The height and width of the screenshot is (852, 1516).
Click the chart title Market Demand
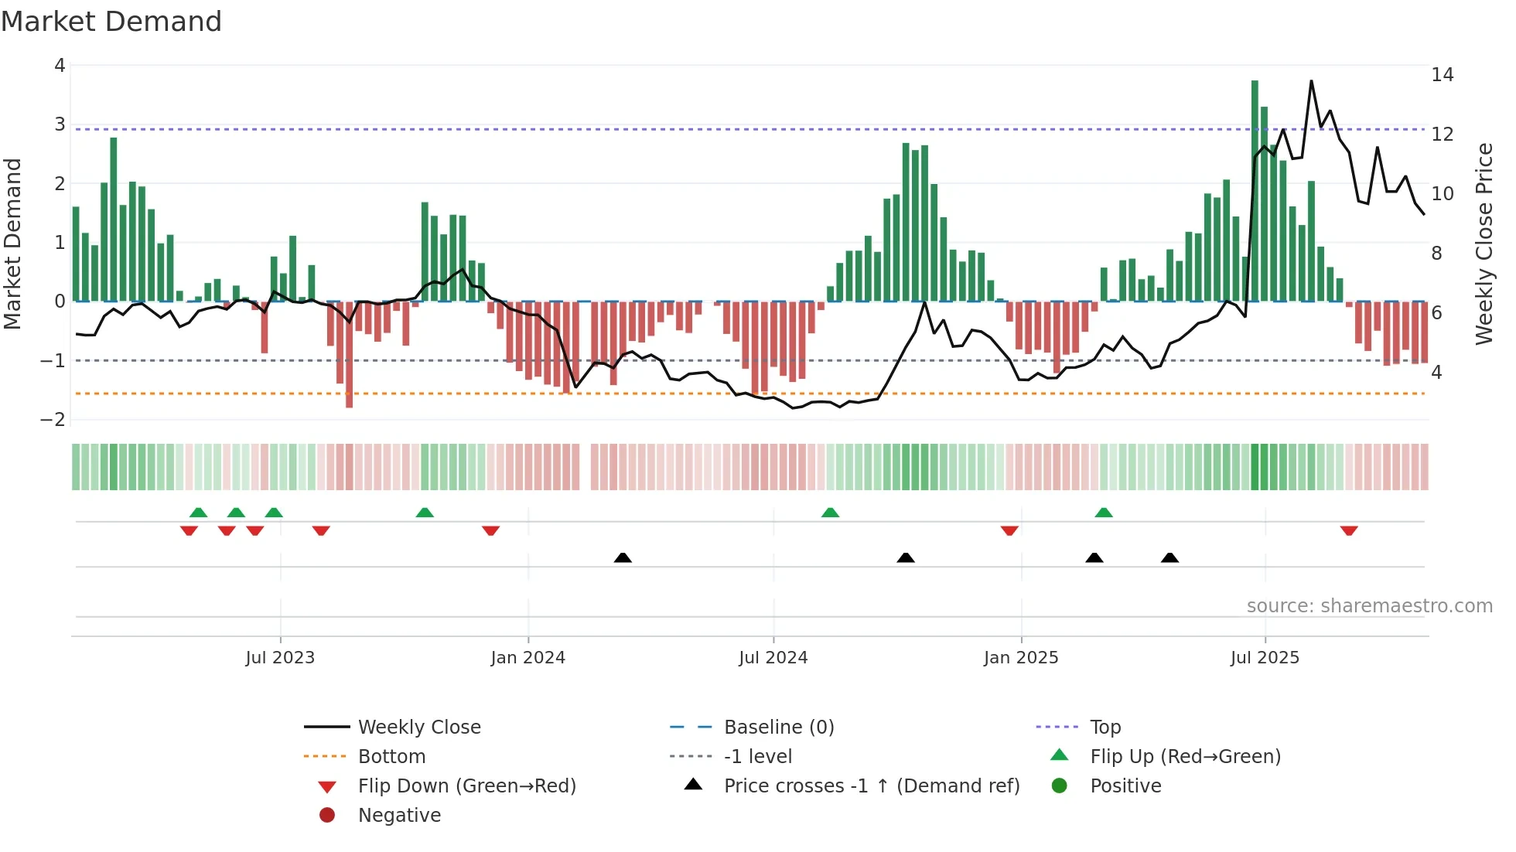click(x=111, y=22)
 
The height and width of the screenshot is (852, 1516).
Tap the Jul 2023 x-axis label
click(x=280, y=658)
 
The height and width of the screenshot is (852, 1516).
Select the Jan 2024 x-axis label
click(x=528, y=658)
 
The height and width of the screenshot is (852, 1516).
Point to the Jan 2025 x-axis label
click(x=1020, y=658)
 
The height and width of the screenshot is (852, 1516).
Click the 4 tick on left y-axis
click(x=60, y=66)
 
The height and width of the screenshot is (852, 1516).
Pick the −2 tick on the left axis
click(x=53, y=420)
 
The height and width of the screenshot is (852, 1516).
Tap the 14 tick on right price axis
click(x=1442, y=75)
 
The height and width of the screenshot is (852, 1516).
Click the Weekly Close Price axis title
click(x=1484, y=244)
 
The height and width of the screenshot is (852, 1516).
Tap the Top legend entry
click(x=1105, y=728)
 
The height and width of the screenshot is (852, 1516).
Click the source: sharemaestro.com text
click(x=1369, y=606)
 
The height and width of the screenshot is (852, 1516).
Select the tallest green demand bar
click(x=1255, y=189)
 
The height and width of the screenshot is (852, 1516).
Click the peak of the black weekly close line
click(x=1311, y=81)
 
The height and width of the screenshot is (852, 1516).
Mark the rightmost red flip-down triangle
click(x=1349, y=530)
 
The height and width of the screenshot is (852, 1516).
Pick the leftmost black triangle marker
click(x=623, y=557)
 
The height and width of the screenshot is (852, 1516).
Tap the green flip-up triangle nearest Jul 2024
click(x=830, y=513)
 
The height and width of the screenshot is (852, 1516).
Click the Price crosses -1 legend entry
click(x=871, y=786)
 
